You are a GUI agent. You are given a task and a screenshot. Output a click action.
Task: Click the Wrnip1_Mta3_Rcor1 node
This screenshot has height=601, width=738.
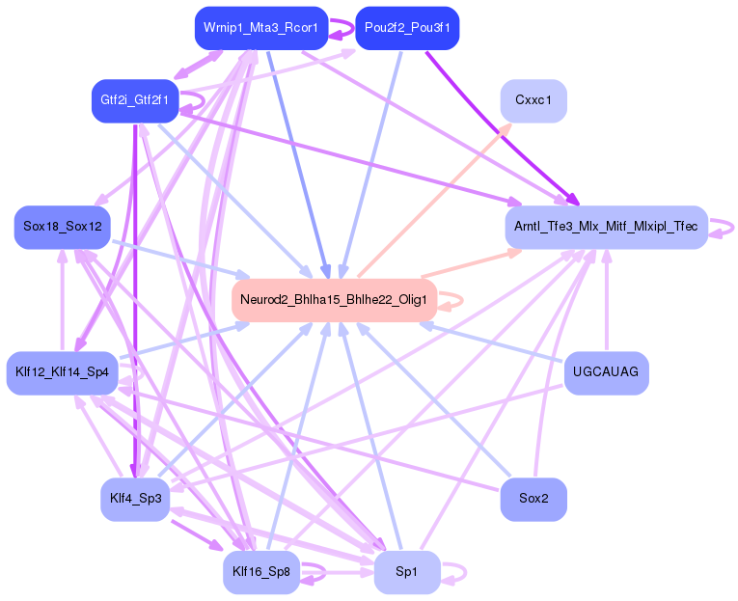coord(260,28)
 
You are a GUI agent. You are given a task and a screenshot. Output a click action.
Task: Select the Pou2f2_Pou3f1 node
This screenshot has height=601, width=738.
coord(407,28)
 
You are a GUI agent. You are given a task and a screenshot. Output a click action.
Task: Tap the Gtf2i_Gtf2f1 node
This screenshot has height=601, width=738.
coord(134,100)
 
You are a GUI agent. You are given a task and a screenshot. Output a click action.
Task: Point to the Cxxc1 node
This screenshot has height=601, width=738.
coord(533,100)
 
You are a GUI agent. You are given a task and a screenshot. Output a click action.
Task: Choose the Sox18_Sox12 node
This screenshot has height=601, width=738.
coord(61,227)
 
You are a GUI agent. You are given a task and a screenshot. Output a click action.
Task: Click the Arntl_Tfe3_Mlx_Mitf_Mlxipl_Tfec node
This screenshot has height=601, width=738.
coord(606,227)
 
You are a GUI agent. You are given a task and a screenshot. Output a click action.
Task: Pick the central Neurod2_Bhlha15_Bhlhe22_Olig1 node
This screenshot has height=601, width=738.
coord(334,299)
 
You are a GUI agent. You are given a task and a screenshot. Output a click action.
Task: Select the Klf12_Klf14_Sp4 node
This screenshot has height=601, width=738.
coord(61,371)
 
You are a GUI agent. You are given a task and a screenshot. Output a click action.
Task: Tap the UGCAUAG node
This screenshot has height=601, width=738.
coord(606,371)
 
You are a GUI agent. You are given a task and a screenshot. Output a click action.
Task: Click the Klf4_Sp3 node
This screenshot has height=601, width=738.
coord(134,498)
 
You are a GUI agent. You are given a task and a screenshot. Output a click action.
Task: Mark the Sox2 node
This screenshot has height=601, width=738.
coord(533,499)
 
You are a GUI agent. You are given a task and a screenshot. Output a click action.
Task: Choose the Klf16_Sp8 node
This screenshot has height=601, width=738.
coord(260,572)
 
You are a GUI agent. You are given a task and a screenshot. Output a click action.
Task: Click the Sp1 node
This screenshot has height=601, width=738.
coord(407,572)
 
